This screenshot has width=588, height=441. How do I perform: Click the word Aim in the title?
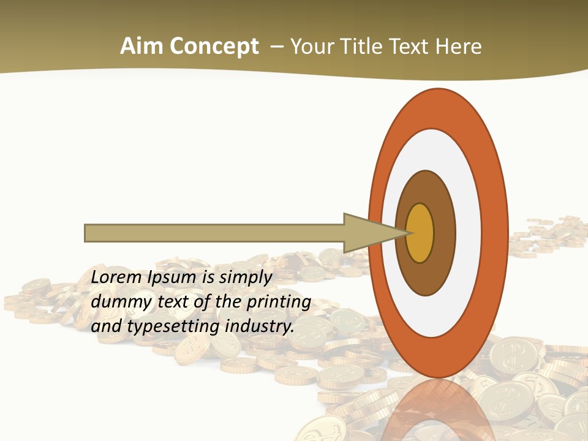pos(142,47)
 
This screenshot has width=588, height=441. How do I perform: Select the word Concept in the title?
pos(214,47)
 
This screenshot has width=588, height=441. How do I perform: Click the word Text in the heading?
pos(411,47)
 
